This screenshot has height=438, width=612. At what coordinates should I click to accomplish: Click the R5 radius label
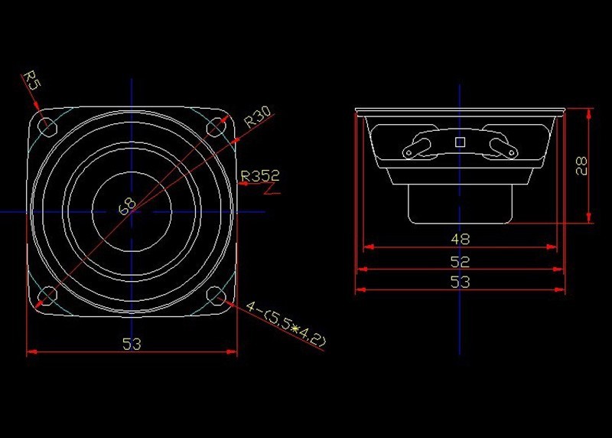click(32, 80)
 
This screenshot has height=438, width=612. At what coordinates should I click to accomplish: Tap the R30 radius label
click(258, 117)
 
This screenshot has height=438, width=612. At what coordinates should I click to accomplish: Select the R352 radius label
click(260, 176)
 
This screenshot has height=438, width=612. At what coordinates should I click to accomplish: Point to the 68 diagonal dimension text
click(127, 206)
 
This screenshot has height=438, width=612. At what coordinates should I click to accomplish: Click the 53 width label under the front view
click(132, 345)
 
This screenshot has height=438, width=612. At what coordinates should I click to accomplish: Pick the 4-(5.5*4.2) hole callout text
click(285, 325)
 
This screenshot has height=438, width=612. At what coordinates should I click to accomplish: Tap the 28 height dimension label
click(581, 165)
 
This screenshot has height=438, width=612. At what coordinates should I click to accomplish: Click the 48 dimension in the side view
click(461, 239)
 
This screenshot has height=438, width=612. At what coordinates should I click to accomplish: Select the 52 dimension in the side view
click(461, 261)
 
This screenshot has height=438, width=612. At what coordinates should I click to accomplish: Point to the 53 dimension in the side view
click(461, 282)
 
